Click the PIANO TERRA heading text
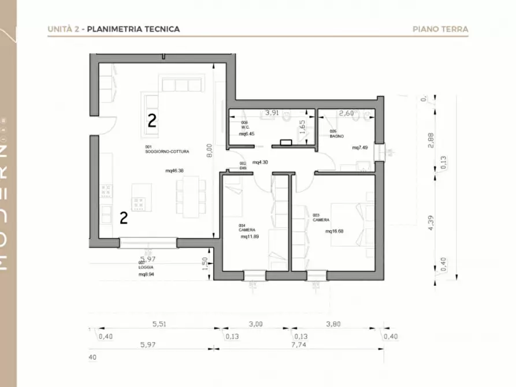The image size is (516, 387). [440, 29]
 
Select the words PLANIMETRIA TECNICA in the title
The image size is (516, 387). [133, 29]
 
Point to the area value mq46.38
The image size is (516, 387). [175, 170]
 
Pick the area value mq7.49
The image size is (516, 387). [361, 148]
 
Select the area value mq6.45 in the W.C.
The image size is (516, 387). [247, 134]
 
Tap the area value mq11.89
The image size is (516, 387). [249, 236]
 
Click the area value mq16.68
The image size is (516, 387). [335, 232]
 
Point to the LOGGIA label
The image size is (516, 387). [146, 268]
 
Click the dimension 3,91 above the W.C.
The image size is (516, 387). [272, 113]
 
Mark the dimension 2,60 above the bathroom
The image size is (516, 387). [346, 113]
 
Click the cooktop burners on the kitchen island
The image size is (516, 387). [139, 203]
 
